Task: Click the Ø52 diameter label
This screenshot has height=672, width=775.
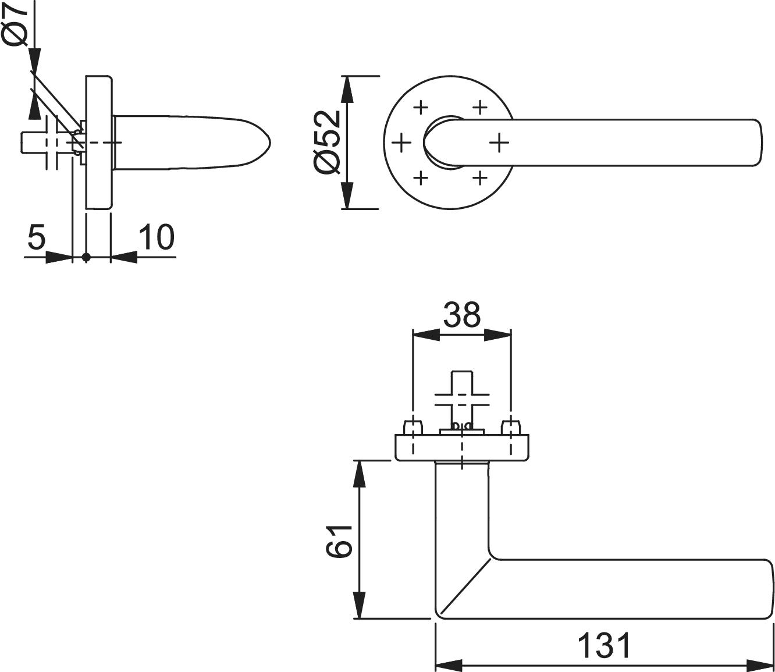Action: click(x=327, y=143)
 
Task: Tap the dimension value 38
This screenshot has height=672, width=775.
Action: click(x=461, y=315)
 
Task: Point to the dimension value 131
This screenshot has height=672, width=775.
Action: click(x=605, y=645)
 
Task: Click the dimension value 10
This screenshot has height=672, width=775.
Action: click(x=157, y=237)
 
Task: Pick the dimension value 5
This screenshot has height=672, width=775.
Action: click(x=37, y=237)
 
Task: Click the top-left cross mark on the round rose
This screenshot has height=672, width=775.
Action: click(x=421, y=108)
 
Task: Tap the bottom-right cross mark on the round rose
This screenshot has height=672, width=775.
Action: click(x=479, y=177)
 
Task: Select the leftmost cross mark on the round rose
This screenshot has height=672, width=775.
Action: click(x=401, y=143)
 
